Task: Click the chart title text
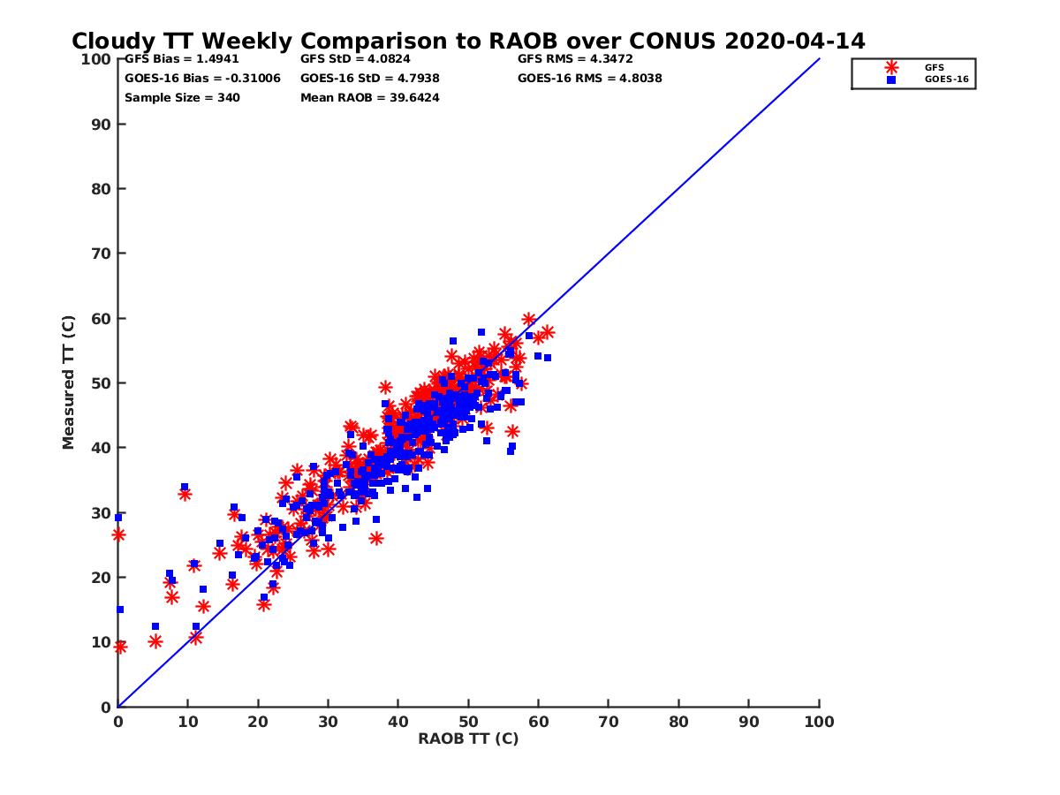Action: (468, 42)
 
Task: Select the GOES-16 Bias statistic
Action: (202, 79)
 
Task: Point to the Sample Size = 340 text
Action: (182, 98)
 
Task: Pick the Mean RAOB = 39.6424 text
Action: (370, 98)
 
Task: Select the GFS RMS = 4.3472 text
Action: (575, 59)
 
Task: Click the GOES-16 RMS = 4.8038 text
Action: (590, 79)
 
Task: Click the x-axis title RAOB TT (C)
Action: (468, 739)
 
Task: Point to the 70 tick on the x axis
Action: (609, 722)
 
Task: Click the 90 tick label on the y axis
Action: (102, 124)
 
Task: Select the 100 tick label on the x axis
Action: (820, 722)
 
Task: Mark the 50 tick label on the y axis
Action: (102, 382)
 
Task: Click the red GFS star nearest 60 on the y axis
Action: (528, 320)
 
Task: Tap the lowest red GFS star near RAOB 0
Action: (120, 647)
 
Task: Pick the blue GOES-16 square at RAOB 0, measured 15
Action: (120, 609)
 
